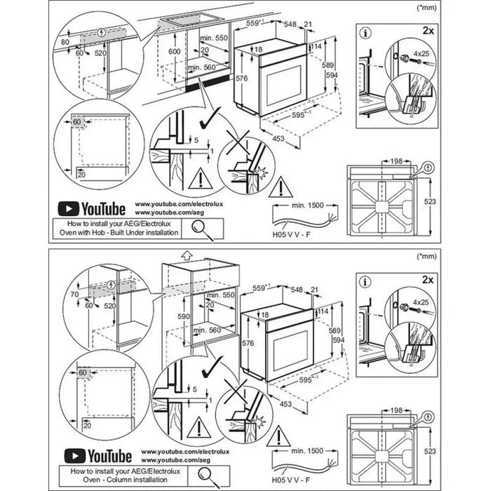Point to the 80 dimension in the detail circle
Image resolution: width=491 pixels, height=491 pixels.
tap(66, 42)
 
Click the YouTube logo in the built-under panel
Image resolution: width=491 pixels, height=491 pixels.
tap(91, 208)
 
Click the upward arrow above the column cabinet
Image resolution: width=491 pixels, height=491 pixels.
tap(187, 255)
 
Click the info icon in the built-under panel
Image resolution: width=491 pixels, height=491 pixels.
tap(365, 32)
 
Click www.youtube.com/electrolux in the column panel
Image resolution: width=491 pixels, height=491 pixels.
tap(175, 452)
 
